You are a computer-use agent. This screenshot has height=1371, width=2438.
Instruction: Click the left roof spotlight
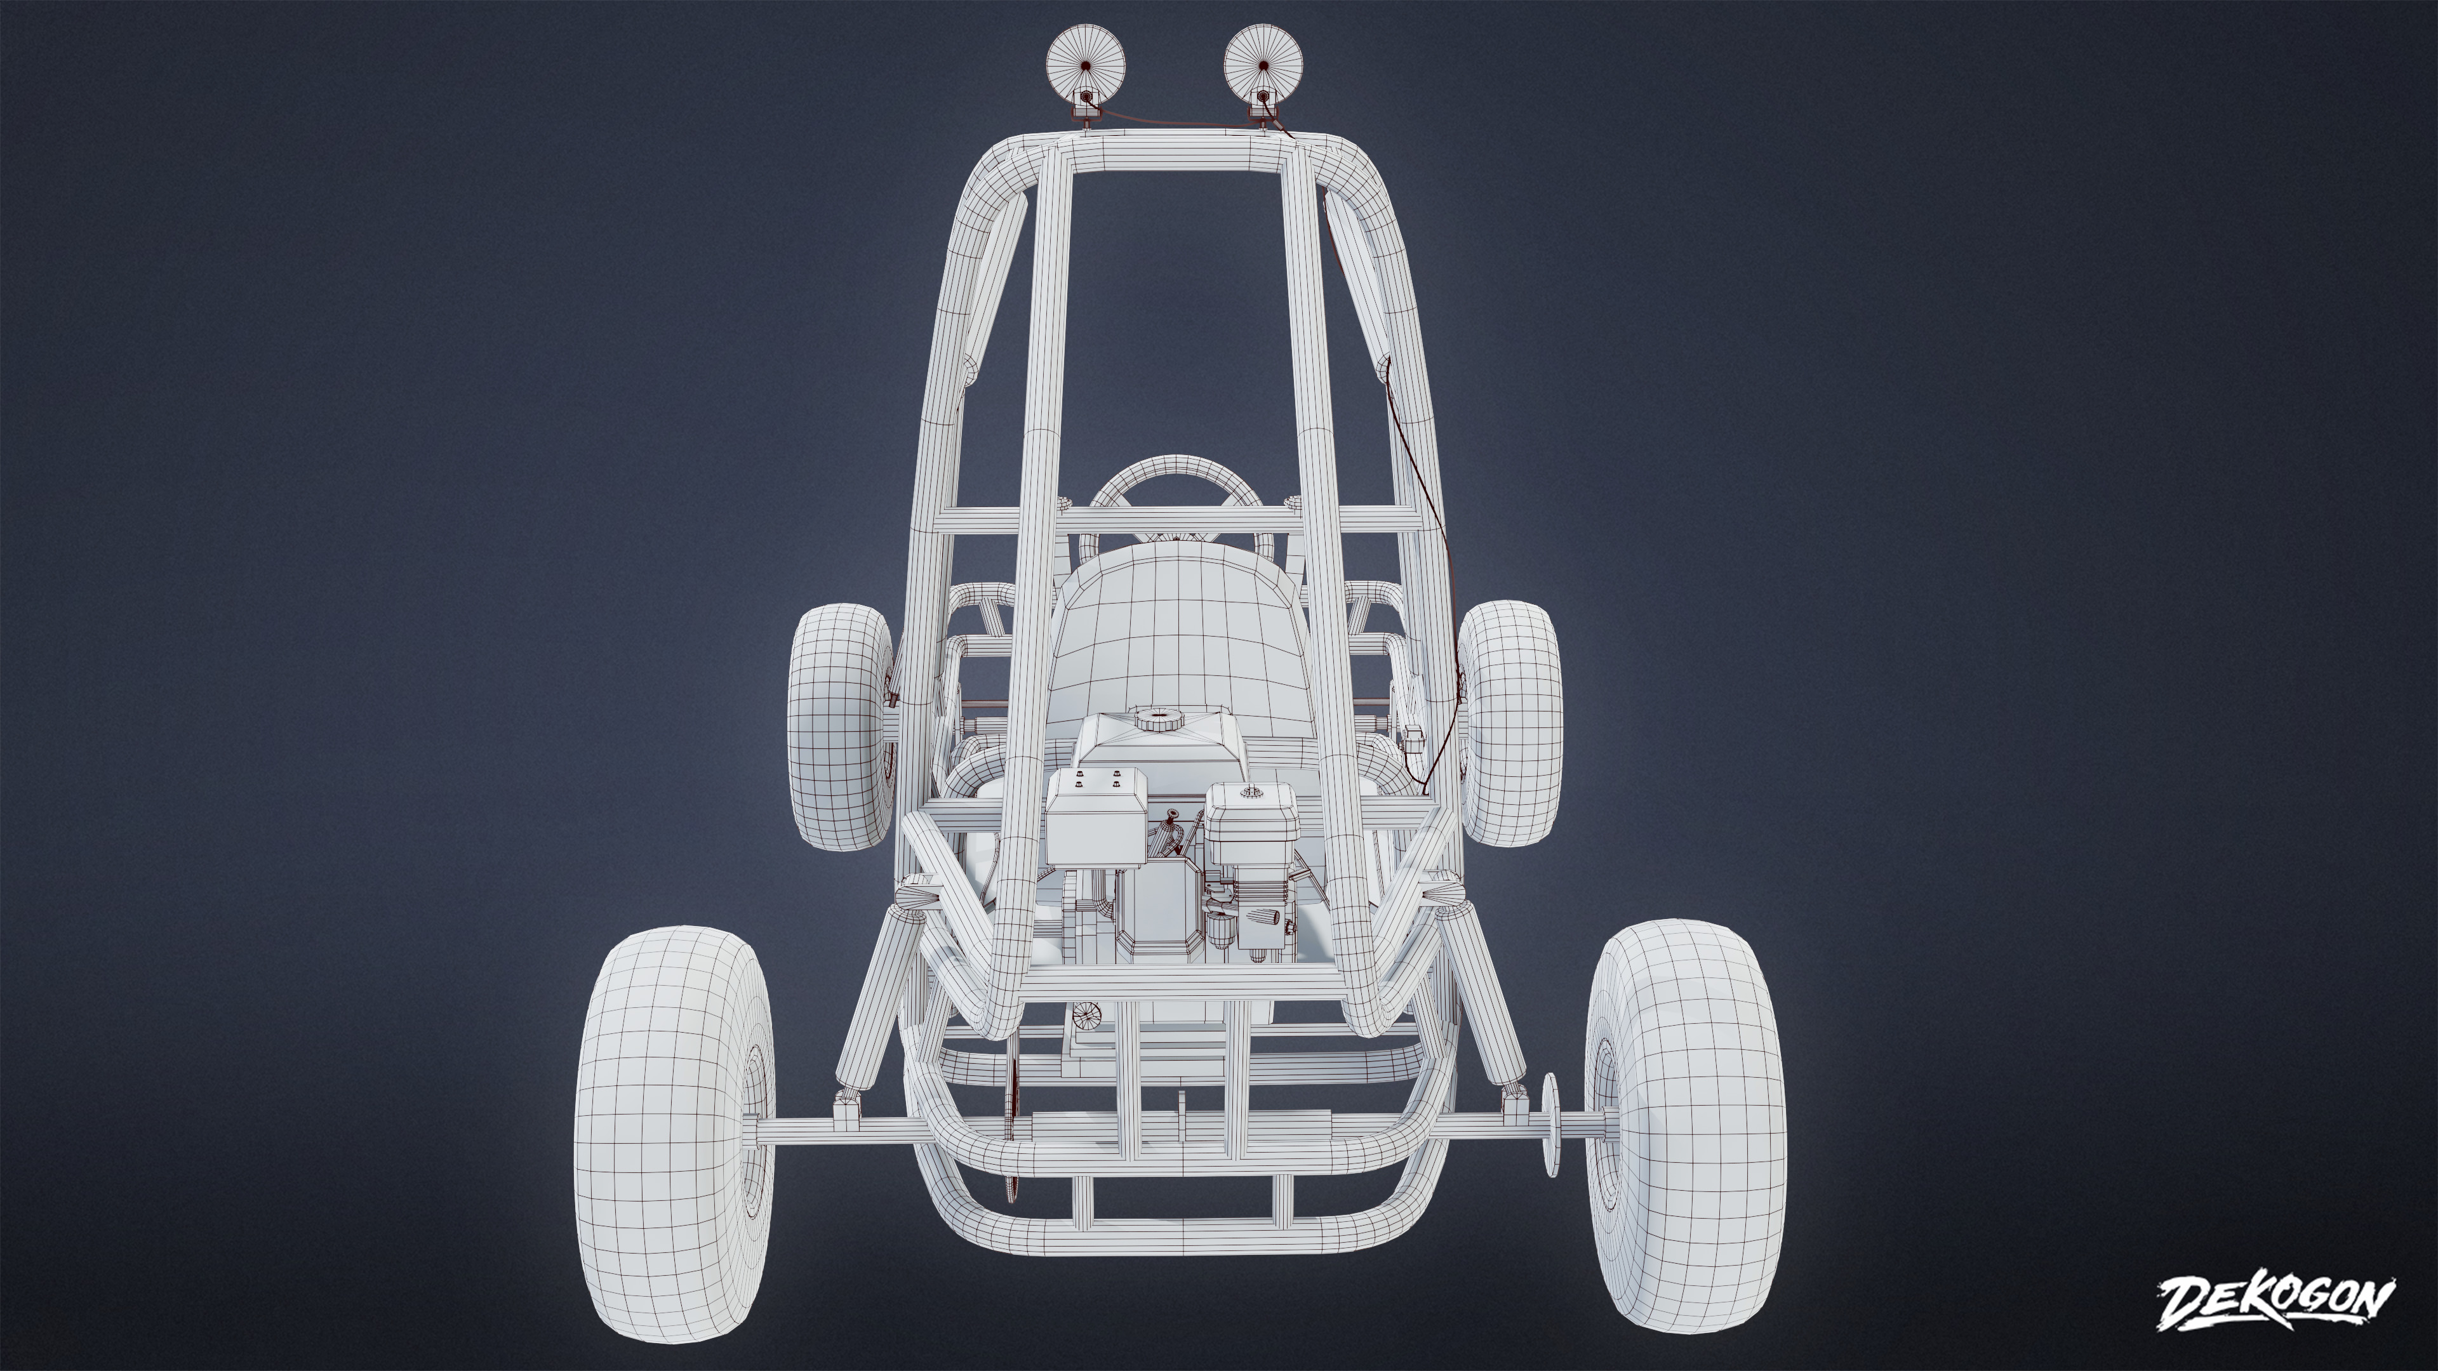pos(1086,64)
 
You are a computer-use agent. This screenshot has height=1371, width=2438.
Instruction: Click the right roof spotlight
pos(1263,64)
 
